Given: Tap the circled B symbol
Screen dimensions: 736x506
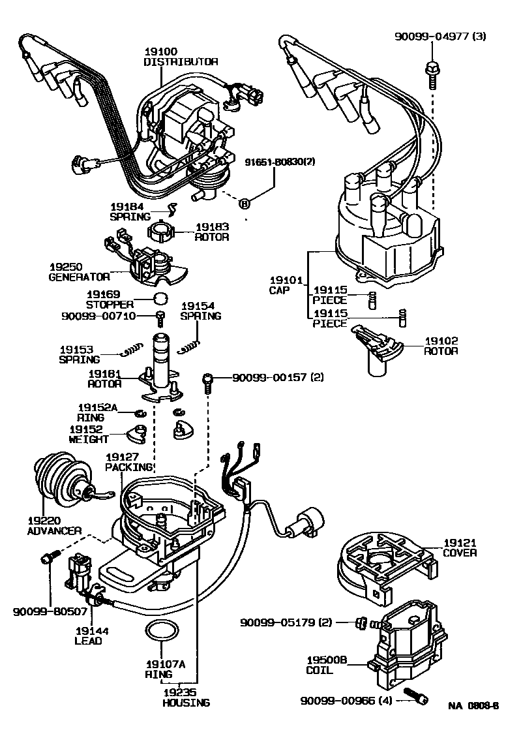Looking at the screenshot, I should (x=245, y=204).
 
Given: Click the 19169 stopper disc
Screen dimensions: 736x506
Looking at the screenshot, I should (x=160, y=299).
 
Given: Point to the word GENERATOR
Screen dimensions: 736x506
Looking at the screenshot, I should (x=79, y=276).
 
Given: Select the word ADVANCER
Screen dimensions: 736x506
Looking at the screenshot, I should (x=54, y=530).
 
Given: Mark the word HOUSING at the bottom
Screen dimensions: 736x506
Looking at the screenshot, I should (x=186, y=703).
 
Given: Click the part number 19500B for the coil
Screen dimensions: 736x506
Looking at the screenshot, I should (x=324, y=660).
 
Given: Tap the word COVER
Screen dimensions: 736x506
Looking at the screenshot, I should (x=460, y=553).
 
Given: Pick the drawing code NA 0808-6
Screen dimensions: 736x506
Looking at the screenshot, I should (x=473, y=705).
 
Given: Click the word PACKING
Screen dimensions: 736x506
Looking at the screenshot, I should (x=130, y=467).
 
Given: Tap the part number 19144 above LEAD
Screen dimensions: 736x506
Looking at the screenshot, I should (x=92, y=631).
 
